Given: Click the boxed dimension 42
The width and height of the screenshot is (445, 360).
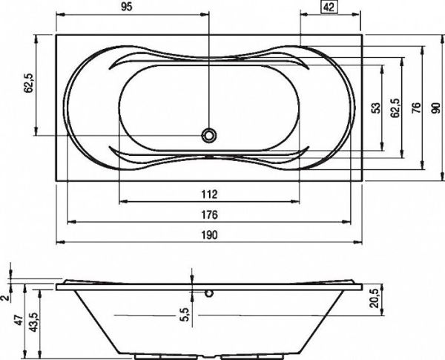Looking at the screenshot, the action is pyautogui.click(x=329, y=7).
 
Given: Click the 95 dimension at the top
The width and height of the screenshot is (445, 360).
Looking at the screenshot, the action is pyautogui.click(x=127, y=7).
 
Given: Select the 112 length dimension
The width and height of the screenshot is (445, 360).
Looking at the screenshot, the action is pyautogui.click(x=209, y=194).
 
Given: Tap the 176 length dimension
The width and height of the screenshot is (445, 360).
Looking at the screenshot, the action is pyautogui.click(x=209, y=215).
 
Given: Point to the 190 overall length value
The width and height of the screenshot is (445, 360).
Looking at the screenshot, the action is pyautogui.click(x=209, y=235).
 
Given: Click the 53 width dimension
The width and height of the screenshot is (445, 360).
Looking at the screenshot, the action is pyautogui.click(x=376, y=108).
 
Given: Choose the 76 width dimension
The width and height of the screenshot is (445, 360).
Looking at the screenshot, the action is pyautogui.click(x=416, y=108).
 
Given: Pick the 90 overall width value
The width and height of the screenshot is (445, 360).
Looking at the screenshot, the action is pyautogui.click(x=437, y=108).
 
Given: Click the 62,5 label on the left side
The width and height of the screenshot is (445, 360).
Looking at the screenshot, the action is pyautogui.click(x=29, y=82).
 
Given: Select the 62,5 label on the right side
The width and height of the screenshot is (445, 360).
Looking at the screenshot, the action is pyautogui.click(x=395, y=108).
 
